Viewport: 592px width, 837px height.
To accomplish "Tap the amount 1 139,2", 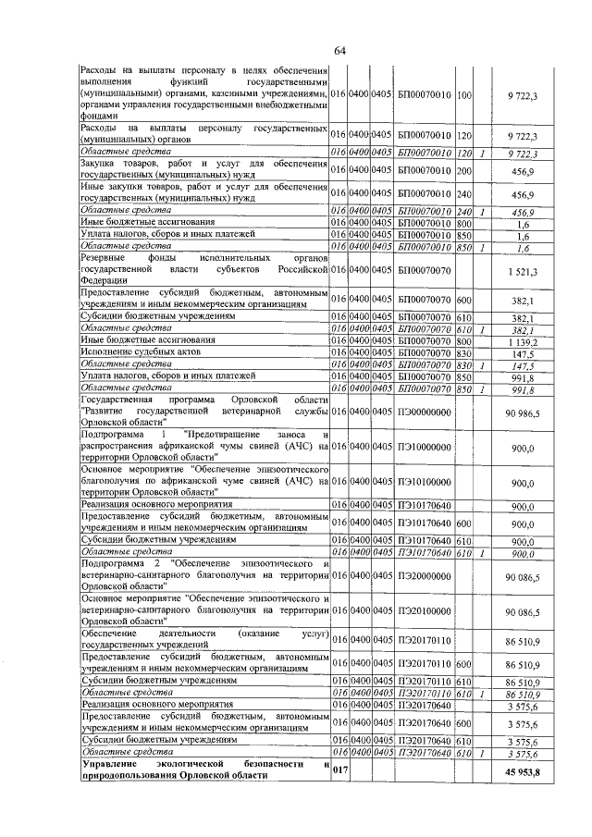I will (x=524, y=341).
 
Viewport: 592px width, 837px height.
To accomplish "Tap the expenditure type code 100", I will (x=464, y=95).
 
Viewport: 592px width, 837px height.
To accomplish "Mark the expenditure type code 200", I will (x=464, y=170).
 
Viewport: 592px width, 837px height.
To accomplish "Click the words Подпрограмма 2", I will (x=120, y=563).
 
